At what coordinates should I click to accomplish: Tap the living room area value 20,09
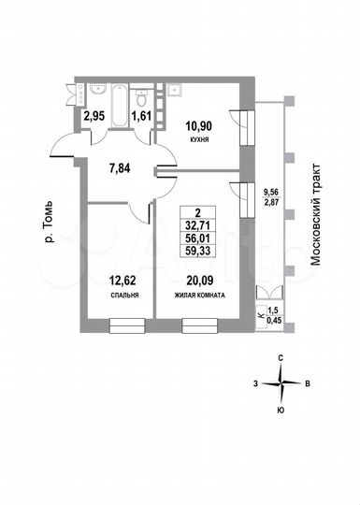(196, 279)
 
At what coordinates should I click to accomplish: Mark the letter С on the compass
(281, 357)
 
